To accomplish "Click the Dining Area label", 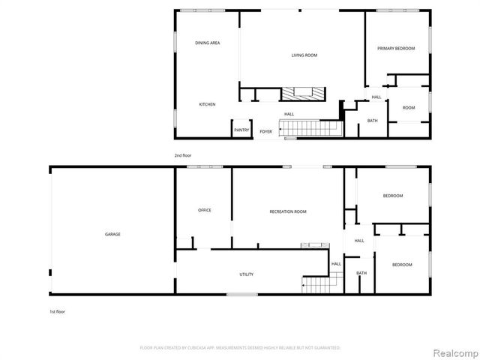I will click(x=207, y=43).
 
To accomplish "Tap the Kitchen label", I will click(x=207, y=104).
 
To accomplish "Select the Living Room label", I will click(x=304, y=55).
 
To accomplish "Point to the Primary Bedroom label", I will click(x=396, y=48).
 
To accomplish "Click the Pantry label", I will click(x=241, y=130).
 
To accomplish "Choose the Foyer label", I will click(x=265, y=132).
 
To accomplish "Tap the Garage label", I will click(x=112, y=234).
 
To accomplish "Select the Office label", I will click(x=204, y=210).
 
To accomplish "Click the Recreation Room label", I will click(x=288, y=212).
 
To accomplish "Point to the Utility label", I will click(x=246, y=274).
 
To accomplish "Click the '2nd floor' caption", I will click(x=183, y=155).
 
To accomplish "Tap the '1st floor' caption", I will click(x=56, y=310).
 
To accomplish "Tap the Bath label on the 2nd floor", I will click(x=372, y=121).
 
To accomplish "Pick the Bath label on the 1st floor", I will click(x=361, y=273).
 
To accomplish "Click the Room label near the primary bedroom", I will click(x=409, y=108).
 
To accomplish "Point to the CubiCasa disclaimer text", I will click(x=240, y=348).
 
